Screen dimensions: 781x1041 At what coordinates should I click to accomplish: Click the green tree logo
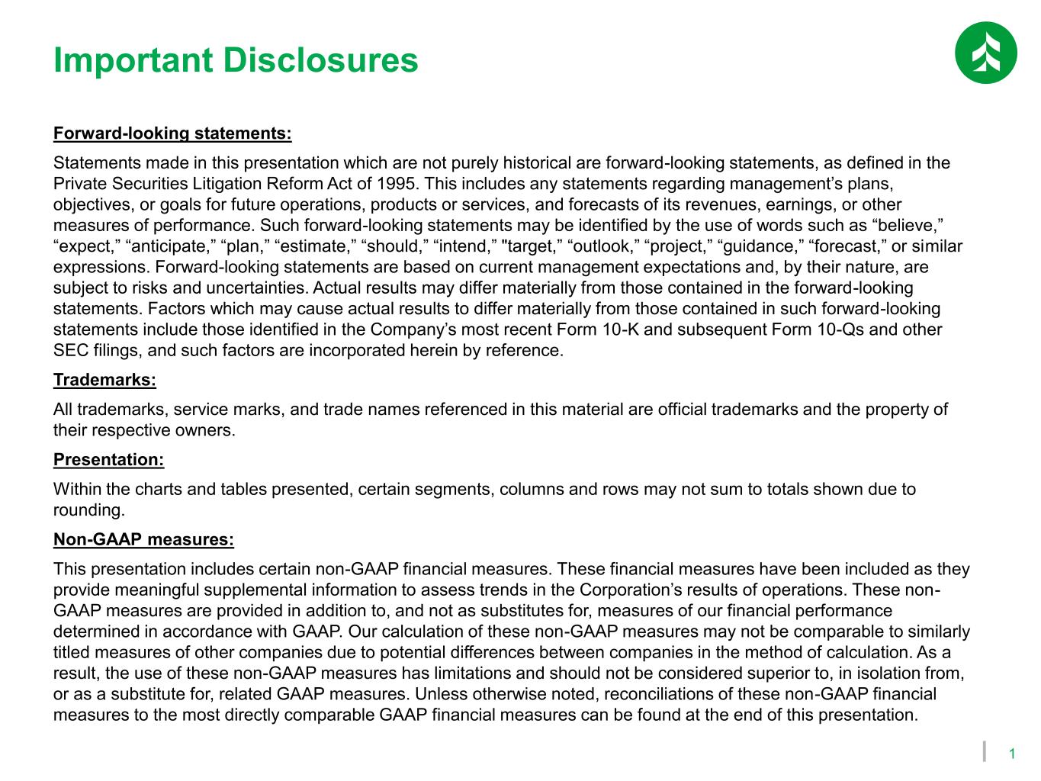pyautogui.click(x=985, y=53)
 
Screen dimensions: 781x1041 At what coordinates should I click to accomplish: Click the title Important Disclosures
pyautogui.click(x=236, y=60)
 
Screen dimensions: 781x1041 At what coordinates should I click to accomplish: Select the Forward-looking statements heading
pyautogui.click(x=172, y=134)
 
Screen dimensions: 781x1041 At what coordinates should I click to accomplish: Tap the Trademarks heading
pyautogui.click(x=104, y=380)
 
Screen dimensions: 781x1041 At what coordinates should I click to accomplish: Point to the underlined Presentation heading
pyautogui.click(x=108, y=460)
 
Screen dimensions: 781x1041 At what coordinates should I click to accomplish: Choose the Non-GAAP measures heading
pyautogui.click(x=143, y=540)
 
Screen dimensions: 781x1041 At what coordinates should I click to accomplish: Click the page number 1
pyautogui.click(x=1012, y=754)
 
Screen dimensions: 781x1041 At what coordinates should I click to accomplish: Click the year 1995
pyautogui.click(x=397, y=184)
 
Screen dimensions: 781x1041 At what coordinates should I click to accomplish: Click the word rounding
pyautogui.click(x=88, y=509)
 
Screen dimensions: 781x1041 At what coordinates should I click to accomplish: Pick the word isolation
pyautogui.click(x=898, y=673)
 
